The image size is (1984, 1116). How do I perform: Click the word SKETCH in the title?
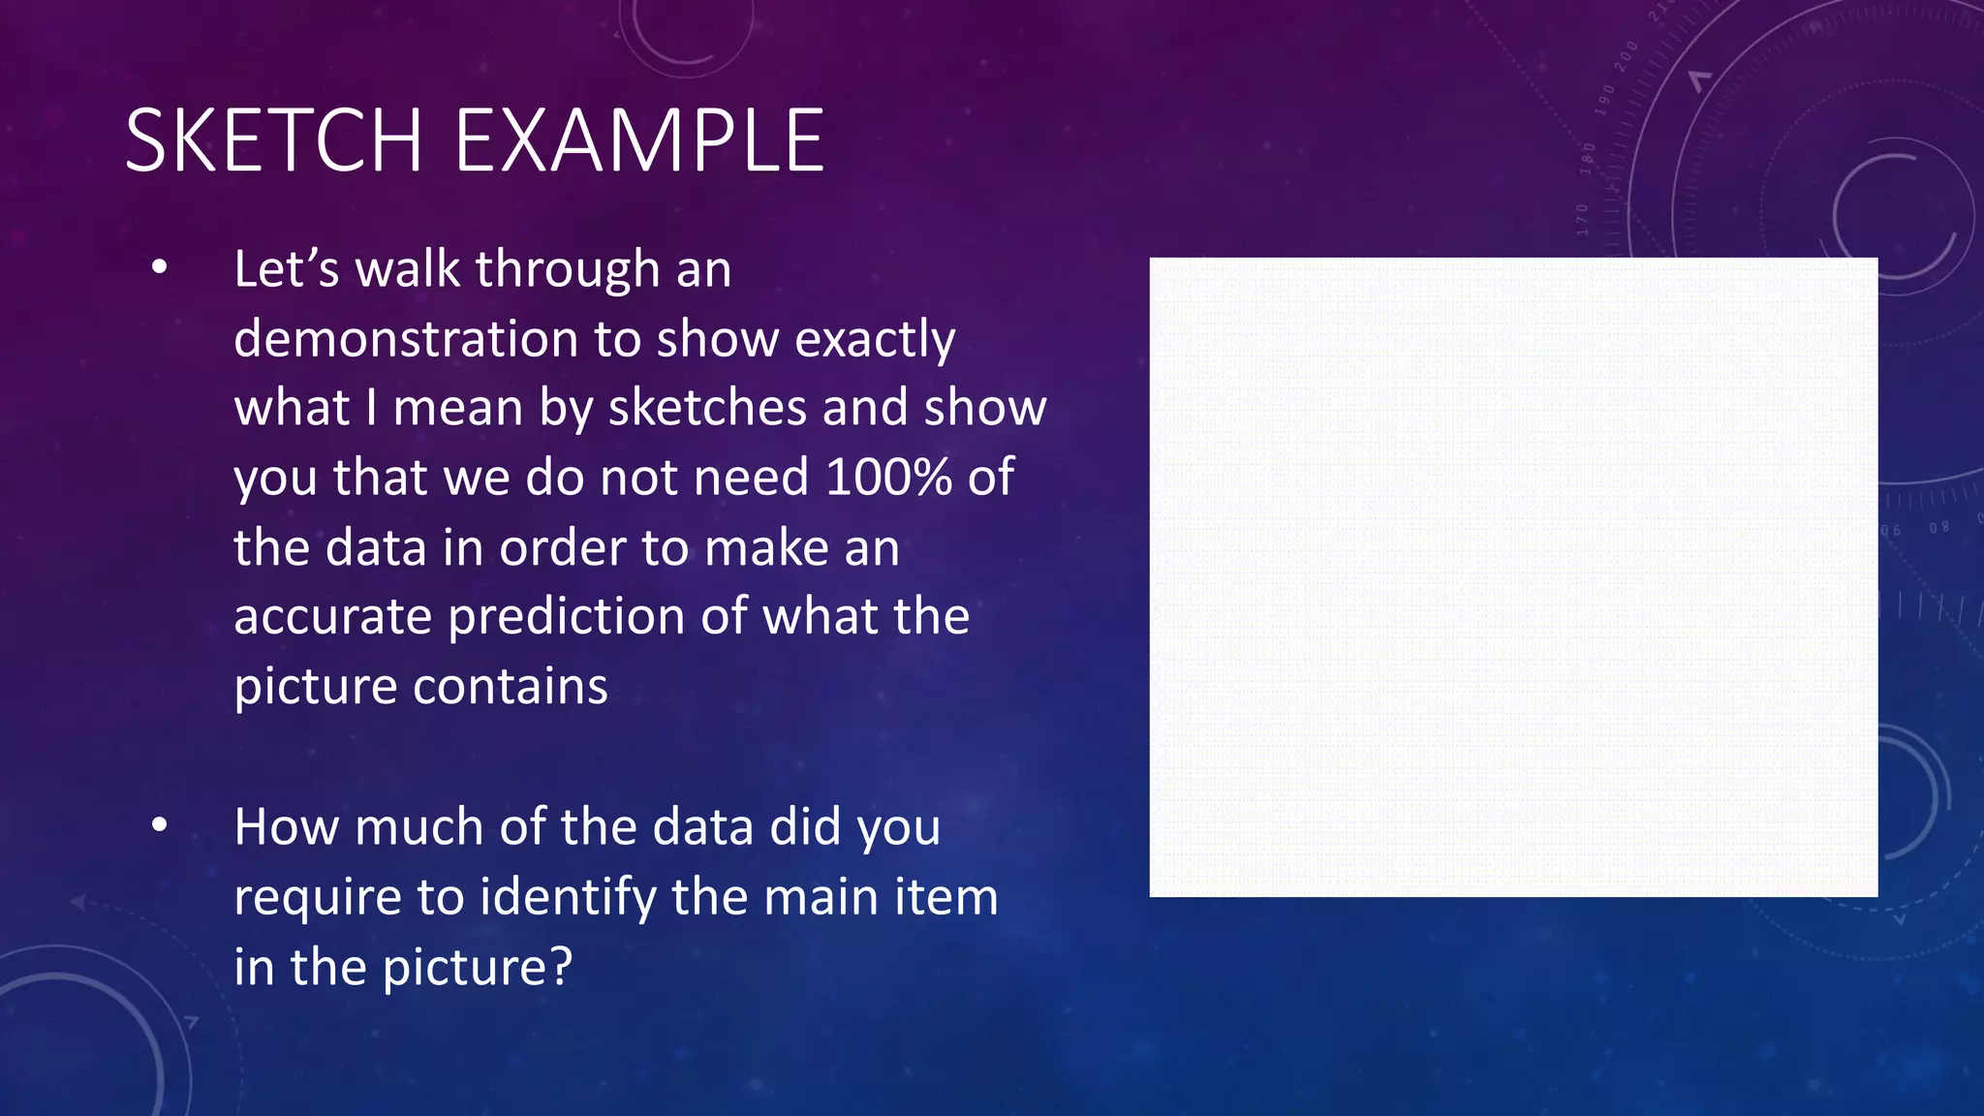pyautogui.click(x=274, y=141)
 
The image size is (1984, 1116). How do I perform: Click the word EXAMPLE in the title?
pyautogui.click(x=639, y=141)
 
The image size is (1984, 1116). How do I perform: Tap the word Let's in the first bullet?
pyautogui.click(x=286, y=268)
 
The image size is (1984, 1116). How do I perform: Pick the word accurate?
pyautogui.click(x=332, y=616)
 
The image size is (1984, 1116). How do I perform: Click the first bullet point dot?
pyautogui.click(x=160, y=266)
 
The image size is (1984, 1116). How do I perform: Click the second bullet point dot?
pyautogui.click(x=160, y=824)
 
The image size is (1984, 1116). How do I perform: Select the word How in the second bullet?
pyautogui.click(x=288, y=826)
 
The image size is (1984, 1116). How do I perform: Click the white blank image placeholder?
pyautogui.click(x=1513, y=576)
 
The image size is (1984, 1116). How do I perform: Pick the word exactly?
pyautogui.click(x=875, y=339)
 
